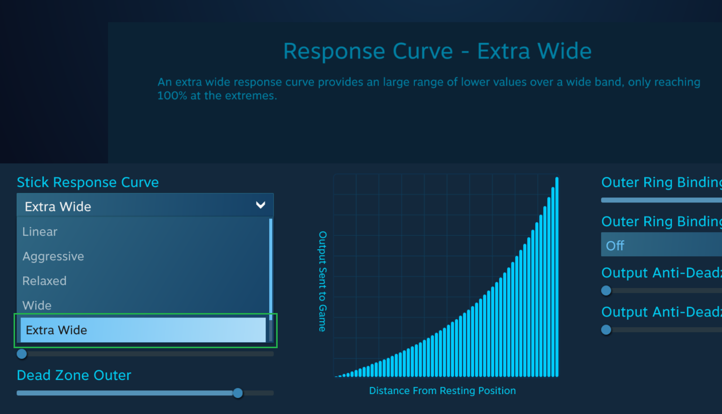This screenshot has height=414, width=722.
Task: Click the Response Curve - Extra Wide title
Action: tap(437, 51)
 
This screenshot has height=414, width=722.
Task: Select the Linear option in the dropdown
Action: tap(40, 232)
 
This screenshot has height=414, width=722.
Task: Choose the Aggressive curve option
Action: tap(53, 256)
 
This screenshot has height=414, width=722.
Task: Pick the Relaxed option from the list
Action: tap(45, 281)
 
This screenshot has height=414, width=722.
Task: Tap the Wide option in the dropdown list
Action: tap(37, 305)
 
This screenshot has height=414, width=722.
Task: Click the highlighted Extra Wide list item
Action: tap(143, 330)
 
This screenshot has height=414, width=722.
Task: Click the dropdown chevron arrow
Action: tap(261, 205)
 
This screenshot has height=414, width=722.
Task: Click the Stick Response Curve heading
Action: tap(88, 182)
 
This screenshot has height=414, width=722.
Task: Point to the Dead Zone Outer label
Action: tap(74, 375)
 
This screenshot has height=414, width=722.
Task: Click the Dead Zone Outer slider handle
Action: tap(238, 393)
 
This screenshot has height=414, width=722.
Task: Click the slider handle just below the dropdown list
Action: tap(22, 354)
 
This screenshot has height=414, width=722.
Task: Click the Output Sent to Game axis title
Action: tap(323, 281)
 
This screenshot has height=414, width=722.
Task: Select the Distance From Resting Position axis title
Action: tap(442, 391)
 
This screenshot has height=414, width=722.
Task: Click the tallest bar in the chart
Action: tap(557, 277)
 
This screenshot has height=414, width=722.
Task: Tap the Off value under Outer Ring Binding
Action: tap(615, 246)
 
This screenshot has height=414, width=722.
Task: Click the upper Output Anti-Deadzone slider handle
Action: tap(607, 290)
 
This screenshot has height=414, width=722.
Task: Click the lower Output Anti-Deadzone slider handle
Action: tap(607, 330)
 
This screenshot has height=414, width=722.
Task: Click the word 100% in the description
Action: tap(172, 96)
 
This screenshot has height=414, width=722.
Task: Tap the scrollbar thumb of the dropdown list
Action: tap(271, 269)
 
